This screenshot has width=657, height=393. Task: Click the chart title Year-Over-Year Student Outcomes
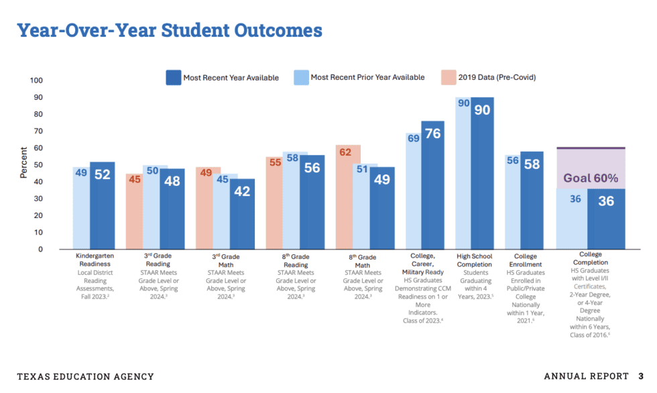click(169, 31)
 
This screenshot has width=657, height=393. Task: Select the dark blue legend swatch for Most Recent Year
click(173, 77)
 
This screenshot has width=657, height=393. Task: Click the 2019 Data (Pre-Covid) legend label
click(497, 77)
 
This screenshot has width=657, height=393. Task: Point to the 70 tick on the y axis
click(38, 131)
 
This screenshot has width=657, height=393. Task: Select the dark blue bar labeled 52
click(102, 208)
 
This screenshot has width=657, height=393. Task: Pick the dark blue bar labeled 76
click(432, 188)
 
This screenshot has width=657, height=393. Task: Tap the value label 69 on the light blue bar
click(414, 138)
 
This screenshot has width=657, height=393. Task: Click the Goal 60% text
click(590, 178)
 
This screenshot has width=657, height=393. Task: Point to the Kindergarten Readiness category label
click(94, 260)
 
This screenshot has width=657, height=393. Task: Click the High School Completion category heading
click(474, 260)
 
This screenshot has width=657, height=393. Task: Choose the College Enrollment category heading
click(525, 260)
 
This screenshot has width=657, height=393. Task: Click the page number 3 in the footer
click(641, 376)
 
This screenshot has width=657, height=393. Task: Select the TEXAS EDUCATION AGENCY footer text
click(85, 376)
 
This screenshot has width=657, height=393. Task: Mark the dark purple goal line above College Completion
click(590, 148)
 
